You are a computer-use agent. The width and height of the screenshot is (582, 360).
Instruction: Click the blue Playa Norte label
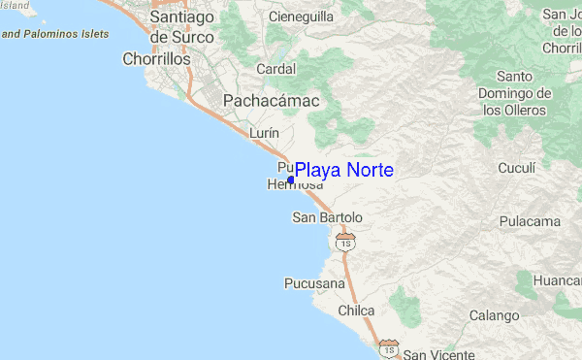344,170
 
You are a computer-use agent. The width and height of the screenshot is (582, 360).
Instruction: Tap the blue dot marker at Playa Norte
291,180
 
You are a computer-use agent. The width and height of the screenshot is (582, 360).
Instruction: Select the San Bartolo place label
327,217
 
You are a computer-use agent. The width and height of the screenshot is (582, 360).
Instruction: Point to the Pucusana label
313,284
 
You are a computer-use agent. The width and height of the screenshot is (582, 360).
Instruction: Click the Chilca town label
356,311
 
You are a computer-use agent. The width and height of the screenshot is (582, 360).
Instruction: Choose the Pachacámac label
265,100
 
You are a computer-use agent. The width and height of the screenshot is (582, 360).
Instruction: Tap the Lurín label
265,133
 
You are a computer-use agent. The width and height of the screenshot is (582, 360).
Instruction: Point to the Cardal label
276,69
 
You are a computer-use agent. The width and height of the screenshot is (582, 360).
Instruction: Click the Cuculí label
516,168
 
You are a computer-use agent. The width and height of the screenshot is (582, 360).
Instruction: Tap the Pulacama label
530,221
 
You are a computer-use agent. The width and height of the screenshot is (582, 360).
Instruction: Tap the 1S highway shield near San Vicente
389,346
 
